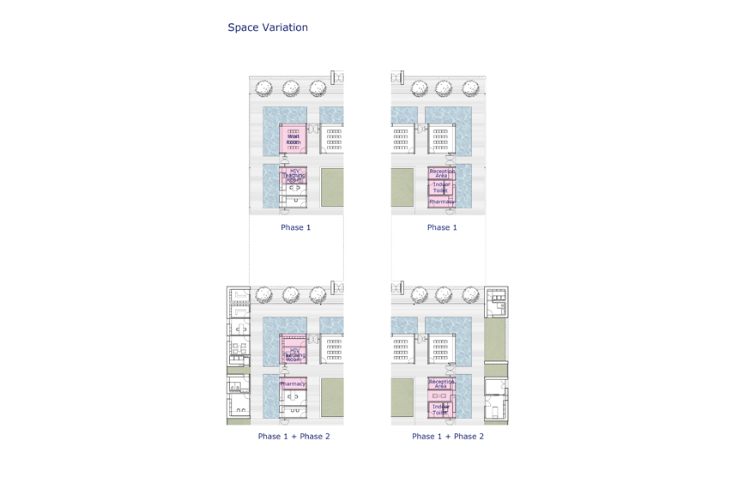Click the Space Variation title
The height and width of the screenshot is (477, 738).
(268, 27)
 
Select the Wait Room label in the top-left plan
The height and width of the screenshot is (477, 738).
(293, 138)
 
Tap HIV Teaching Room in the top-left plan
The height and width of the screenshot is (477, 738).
(294, 176)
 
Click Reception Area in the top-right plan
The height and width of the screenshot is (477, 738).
(442, 172)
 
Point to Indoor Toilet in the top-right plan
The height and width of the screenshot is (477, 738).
(442, 187)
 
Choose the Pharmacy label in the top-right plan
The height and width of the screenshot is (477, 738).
(442, 202)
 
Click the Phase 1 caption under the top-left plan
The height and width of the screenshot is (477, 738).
(296, 227)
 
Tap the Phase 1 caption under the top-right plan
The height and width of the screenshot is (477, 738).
(442, 227)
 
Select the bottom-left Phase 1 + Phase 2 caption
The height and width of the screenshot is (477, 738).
(293, 436)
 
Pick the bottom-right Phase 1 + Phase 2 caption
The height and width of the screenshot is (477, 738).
(447, 436)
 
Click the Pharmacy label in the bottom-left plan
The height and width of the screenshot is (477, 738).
(293, 383)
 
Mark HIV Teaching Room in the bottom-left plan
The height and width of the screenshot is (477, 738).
(294, 355)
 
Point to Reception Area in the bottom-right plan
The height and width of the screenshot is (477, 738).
(441, 383)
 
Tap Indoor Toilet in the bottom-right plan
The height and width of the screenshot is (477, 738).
(441, 409)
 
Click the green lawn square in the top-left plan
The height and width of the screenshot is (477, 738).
(332, 187)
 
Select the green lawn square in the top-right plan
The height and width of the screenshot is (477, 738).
(402, 187)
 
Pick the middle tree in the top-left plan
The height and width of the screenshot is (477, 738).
(291, 88)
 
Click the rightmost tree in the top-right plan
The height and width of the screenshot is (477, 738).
(470, 88)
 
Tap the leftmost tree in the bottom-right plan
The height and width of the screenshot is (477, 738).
(420, 295)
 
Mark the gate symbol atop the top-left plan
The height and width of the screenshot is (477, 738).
(336, 78)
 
